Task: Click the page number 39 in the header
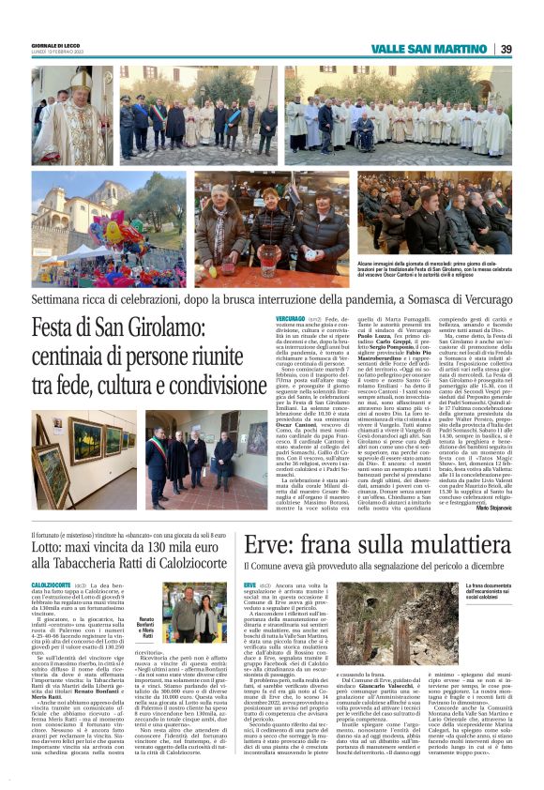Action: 505,49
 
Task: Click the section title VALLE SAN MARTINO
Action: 433,49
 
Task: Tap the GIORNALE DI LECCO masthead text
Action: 54,44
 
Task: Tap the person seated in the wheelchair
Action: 381,138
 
